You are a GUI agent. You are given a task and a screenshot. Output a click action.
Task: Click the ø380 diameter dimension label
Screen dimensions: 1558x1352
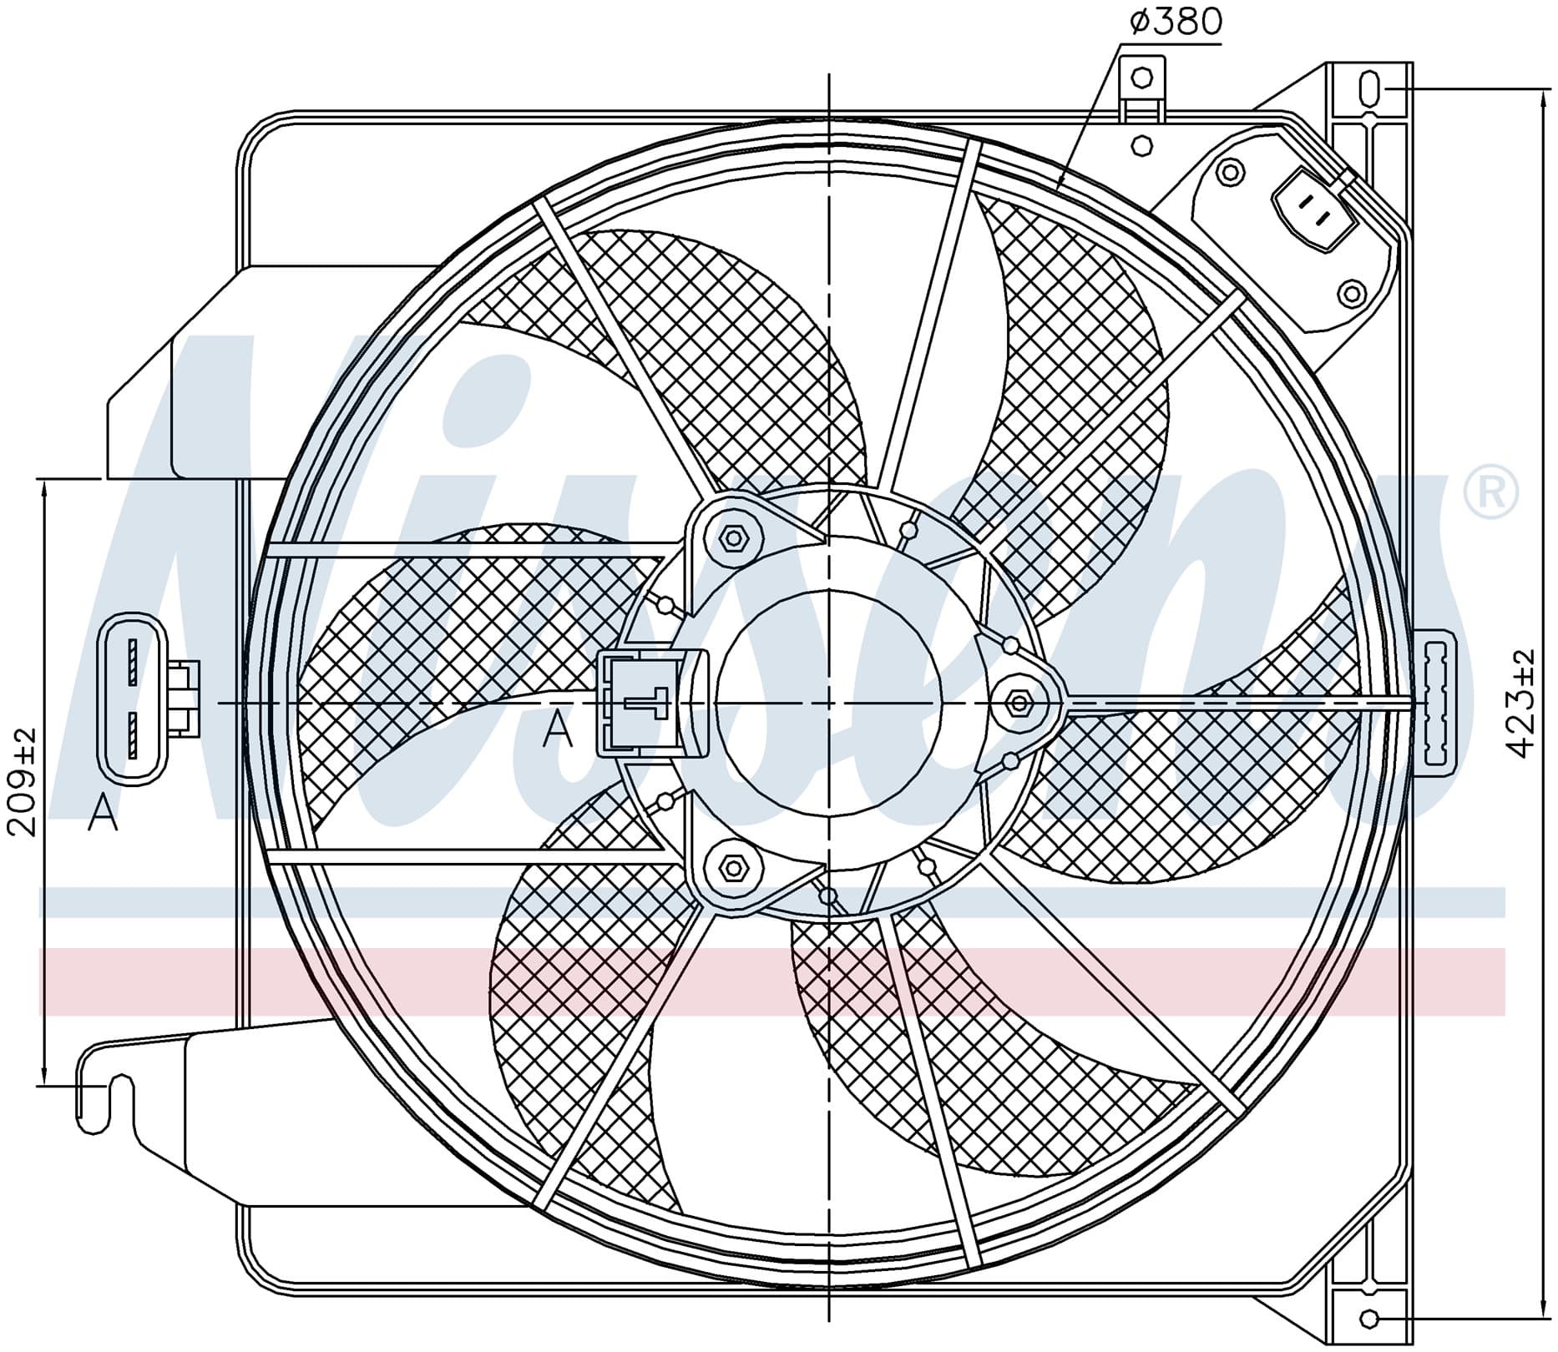[x=1176, y=23]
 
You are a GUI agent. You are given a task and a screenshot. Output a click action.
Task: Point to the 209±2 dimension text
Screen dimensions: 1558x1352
[x=23, y=781]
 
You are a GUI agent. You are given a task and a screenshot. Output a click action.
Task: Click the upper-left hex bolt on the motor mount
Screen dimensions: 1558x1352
[x=733, y=537]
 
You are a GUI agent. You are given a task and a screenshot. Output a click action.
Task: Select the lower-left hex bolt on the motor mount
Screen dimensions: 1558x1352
[x=733, y=868]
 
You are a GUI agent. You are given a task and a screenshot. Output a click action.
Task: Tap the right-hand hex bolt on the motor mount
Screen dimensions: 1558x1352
[x=1019, y=703]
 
